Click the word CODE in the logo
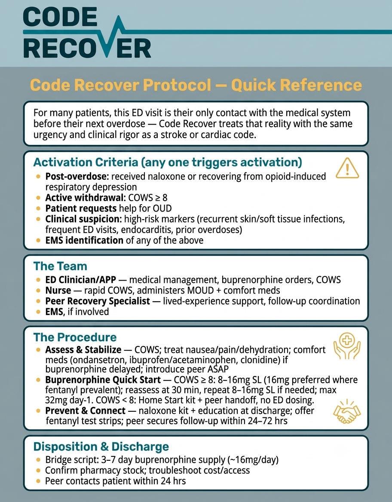click(60, 18)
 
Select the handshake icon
click(347, 412)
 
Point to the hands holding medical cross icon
click(347, 346)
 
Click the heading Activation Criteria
click(168, 162)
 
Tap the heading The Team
click(60, 266)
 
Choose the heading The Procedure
click(75, 337)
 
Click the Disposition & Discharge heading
click(101, 447)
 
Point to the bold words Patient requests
click(81, 208)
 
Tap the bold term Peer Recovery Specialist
click(98, 301)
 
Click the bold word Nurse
click(58, 291)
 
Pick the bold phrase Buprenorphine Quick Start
click(103, 380)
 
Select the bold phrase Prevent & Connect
click(85, 411)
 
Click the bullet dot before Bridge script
click(38, 460)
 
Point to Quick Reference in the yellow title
click(296, 85)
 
